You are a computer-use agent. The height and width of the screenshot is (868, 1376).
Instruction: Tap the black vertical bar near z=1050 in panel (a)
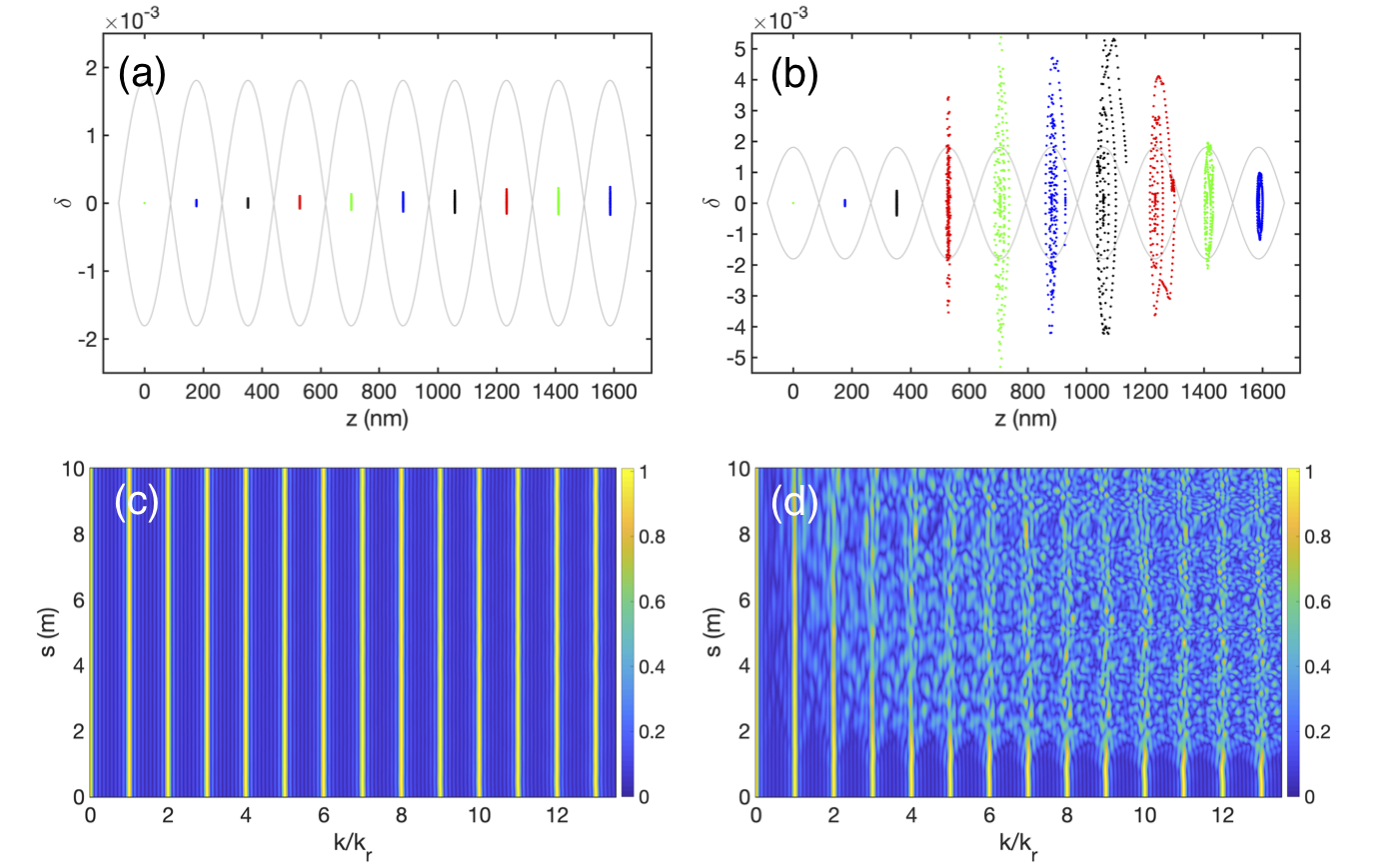[x=455, y=201]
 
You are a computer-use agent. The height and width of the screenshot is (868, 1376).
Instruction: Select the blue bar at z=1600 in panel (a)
[x=610, y=200]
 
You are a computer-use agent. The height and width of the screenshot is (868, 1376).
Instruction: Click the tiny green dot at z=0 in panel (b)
[x=792, y=203]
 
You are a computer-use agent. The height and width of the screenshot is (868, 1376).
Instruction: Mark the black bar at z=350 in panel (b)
[x=896, y=203]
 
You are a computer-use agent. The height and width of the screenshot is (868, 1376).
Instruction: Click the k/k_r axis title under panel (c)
[x=353, y=852]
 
